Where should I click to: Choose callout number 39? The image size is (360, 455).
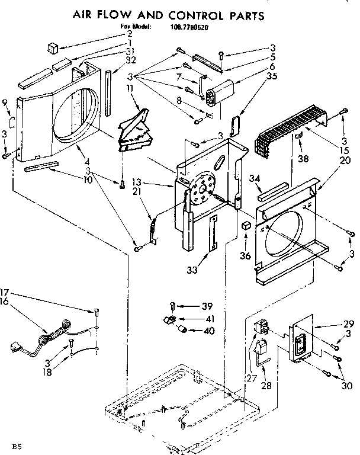[x=207, y=306]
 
